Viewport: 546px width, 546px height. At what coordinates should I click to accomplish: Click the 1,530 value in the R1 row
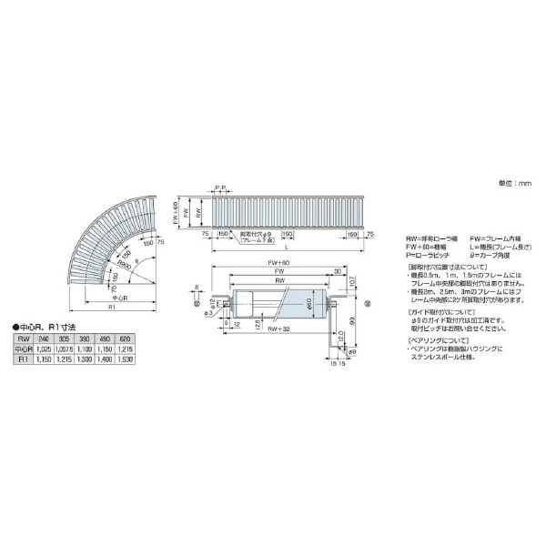(x=125, y=360)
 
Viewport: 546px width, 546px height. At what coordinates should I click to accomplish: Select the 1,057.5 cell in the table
(x=64, y=349)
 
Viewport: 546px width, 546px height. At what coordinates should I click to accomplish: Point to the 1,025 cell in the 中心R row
(x=44, y=349)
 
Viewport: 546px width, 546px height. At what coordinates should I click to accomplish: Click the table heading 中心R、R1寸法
(x=45, y=326)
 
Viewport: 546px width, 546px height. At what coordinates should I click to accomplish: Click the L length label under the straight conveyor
(x=288, y=247)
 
